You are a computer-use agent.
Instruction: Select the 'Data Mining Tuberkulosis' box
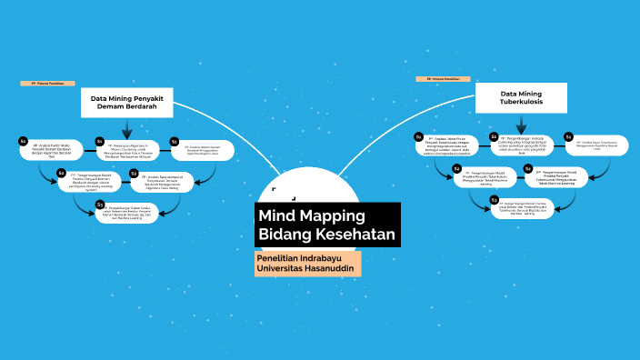click(521, 98)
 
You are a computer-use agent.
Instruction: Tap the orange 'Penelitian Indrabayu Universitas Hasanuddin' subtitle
click(308, 264)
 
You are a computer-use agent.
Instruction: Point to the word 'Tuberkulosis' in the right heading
click(521, 104)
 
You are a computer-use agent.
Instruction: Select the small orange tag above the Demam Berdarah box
click(46, 83)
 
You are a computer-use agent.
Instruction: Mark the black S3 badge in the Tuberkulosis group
click(494, 199)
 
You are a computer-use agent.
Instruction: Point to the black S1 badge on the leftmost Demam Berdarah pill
click(24, 141)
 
